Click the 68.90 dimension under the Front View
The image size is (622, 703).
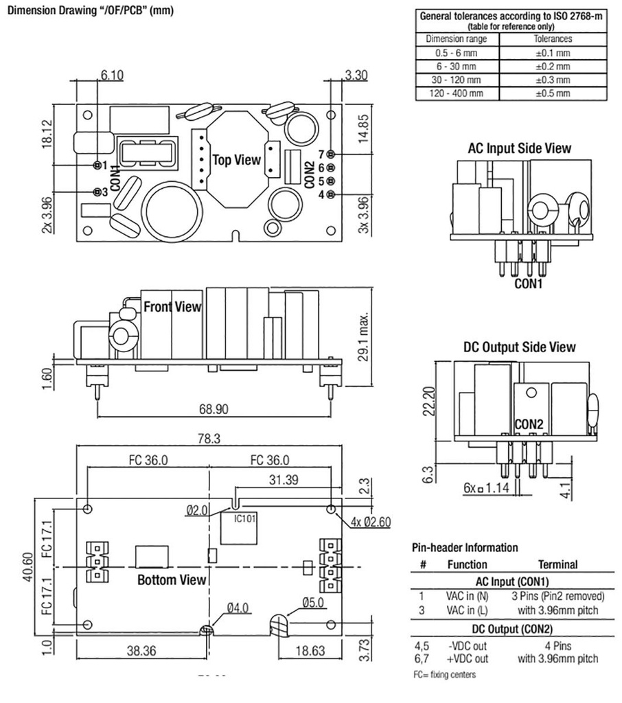pyautogui.click(x=214, y=409)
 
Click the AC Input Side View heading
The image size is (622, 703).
pyautogui.click(x=520, y=148)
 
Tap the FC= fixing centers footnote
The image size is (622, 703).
pyautogui.click(x=444, y=675)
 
